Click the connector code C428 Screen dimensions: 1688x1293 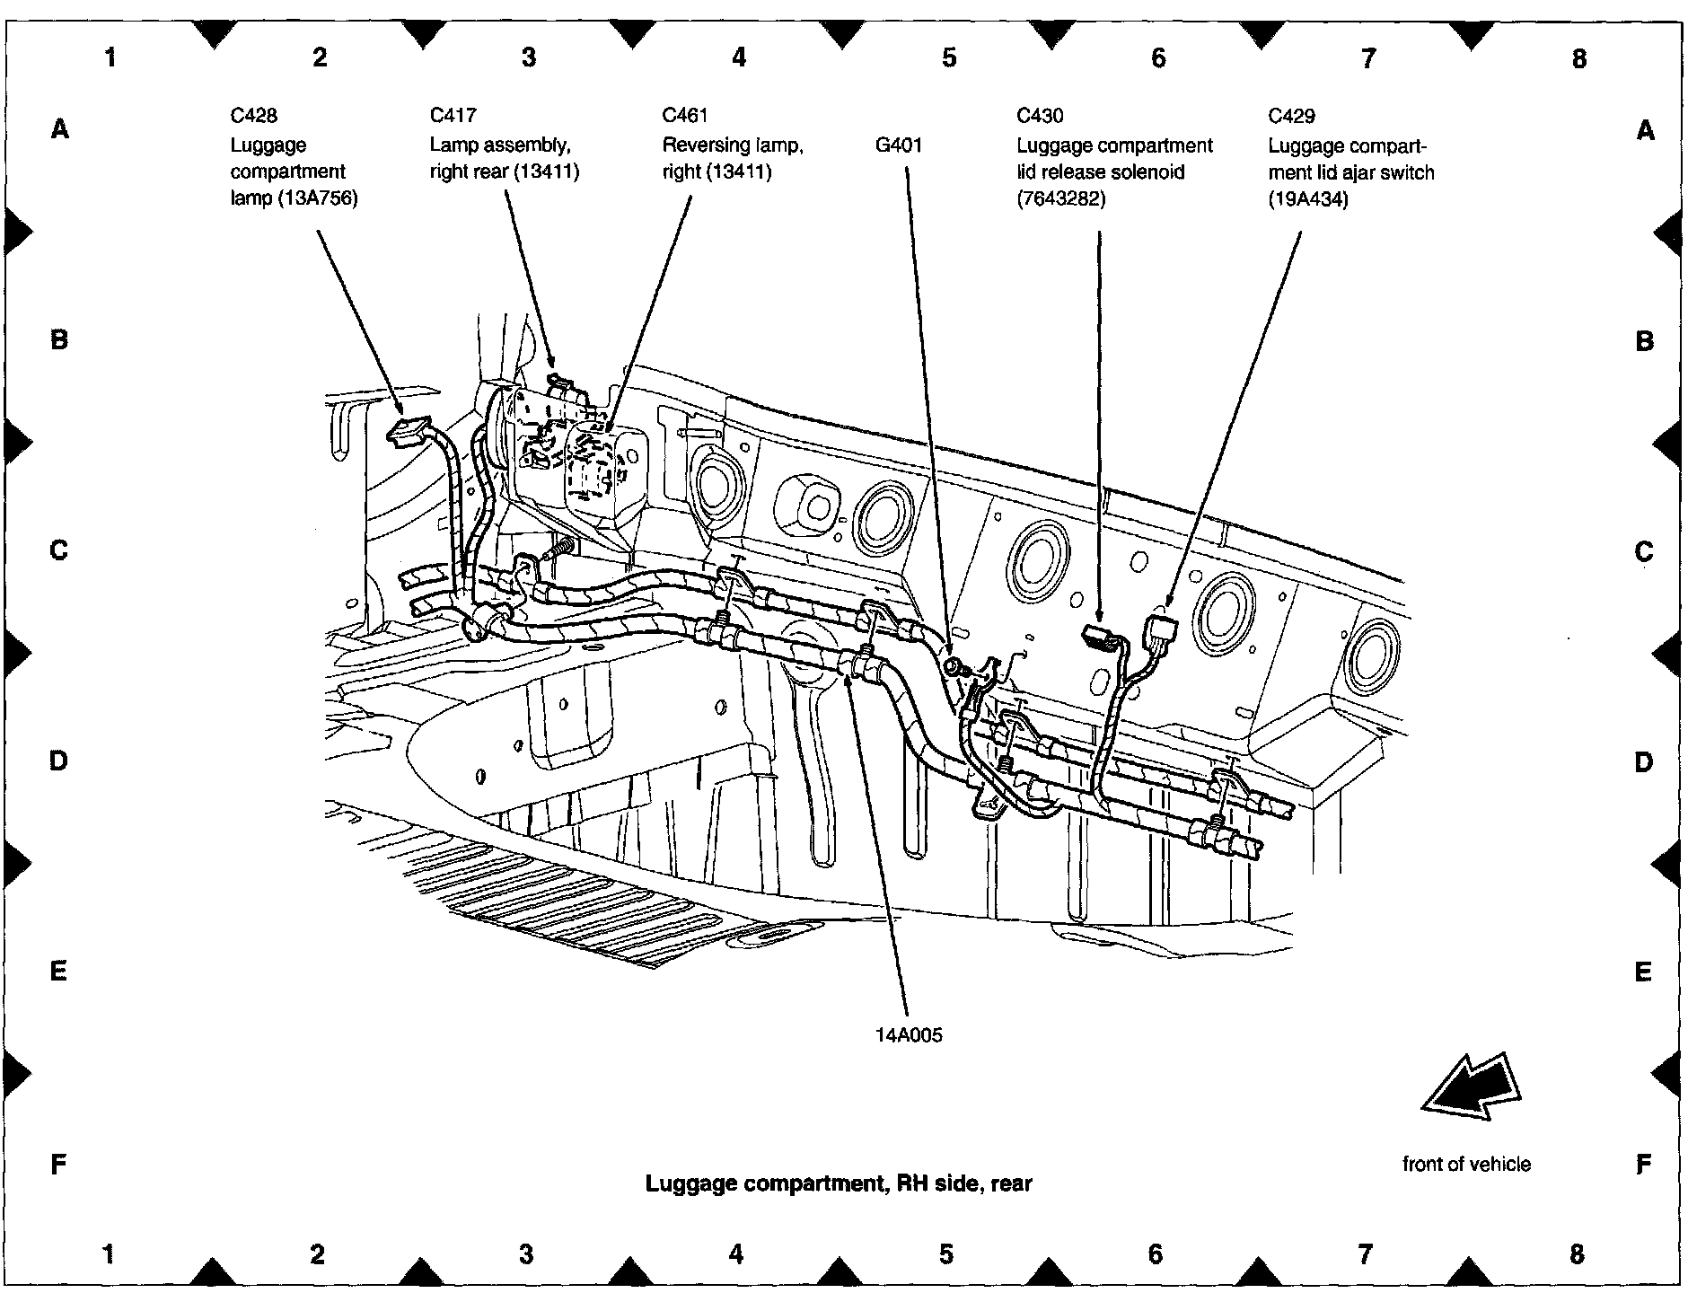(253, 115)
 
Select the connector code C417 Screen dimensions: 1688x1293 (453, 115)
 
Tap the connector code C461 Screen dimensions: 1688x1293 (685, 115)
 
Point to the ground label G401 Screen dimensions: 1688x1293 (899, 145)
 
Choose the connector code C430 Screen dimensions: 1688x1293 (1040, 115)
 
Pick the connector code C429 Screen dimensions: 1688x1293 (1291, 115)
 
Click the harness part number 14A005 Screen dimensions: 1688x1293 (910, 1035)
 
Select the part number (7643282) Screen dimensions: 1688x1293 (1061, 198)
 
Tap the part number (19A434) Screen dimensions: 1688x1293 (1308, 199)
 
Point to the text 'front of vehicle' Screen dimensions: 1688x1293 (1466, 1164)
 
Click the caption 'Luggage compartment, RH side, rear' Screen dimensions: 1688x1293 (839, 1183)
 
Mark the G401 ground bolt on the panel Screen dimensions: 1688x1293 (954, 665)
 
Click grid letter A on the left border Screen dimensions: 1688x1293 (59, 130)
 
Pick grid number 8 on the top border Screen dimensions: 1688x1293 (1579, 58)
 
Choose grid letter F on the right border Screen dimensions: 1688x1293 (1643, 1165)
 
